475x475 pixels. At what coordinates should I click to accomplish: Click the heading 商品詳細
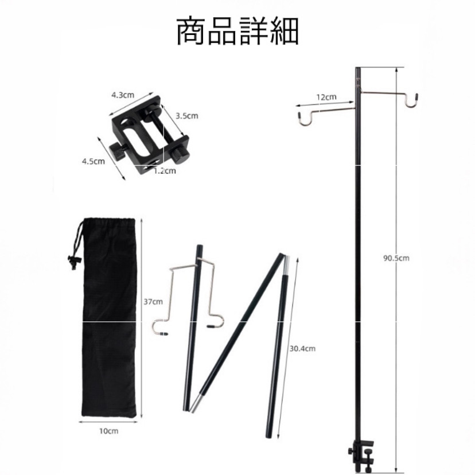pos(237,33)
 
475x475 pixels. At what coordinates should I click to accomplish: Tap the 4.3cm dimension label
pos(123,95)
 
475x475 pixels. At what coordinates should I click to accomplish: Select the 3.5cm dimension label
pos(186,115)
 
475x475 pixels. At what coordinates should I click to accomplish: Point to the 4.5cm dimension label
pos(94,161)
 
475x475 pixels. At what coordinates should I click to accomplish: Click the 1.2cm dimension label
pos(165,170)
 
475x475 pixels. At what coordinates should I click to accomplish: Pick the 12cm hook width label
pos(326,97)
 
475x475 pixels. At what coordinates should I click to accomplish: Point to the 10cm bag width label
pos(108,431)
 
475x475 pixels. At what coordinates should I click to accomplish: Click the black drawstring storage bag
pos(110,321)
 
